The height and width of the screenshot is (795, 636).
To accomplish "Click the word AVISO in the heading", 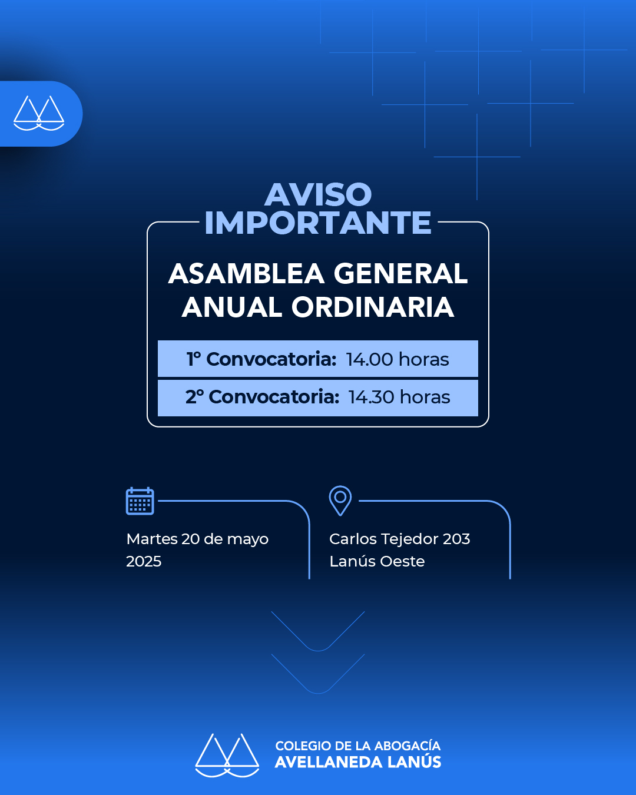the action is [x=318, y=195].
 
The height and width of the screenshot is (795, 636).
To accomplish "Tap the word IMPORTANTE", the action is [x=318, y=223].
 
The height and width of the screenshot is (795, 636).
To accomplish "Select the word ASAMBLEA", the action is [x=246, y=274].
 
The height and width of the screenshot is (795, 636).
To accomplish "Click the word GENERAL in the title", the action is [x=400, y=274].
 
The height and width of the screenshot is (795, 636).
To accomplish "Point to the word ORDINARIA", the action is [x=373, y=307].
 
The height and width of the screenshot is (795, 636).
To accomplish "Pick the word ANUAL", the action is [x=231, y=307].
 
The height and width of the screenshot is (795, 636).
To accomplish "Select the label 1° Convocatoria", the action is [x=261, y=359].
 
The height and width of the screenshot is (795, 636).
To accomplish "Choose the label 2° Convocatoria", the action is [x=262, y=397].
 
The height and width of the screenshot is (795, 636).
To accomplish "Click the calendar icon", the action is [x=140, y=501].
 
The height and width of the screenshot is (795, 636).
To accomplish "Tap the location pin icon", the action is [x=340, y=501].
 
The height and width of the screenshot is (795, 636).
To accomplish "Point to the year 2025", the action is [x=144, y=562].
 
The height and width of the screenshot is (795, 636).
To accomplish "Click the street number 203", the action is [x=456, y=539].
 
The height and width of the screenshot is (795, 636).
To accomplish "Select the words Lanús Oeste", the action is [x=377, y=562].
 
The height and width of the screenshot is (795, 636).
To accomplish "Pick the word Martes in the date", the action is [x=152, y=539].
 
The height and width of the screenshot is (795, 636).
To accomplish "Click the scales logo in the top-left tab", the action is [x=39, y=114].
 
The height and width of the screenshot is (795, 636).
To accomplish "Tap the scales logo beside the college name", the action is [x=227, y=755].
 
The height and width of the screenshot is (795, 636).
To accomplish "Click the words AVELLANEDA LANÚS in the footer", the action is [x=357, y=762].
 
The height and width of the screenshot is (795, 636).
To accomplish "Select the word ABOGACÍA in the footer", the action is [x=408, y=745].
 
